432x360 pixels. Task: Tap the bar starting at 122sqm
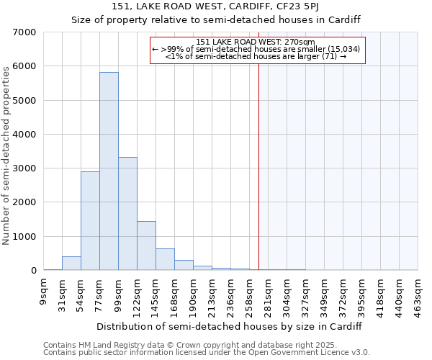pos(146,246)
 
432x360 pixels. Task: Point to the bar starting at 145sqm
pos(165,259)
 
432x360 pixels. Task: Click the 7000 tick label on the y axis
pos(24,32)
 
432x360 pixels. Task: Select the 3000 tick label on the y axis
pos(24,168)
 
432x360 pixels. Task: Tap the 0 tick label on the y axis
pos(33,271)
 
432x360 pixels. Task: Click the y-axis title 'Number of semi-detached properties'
pos(7,155)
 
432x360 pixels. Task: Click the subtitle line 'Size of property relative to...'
pos(216,19)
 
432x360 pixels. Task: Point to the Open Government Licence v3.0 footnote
pos(207,353)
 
